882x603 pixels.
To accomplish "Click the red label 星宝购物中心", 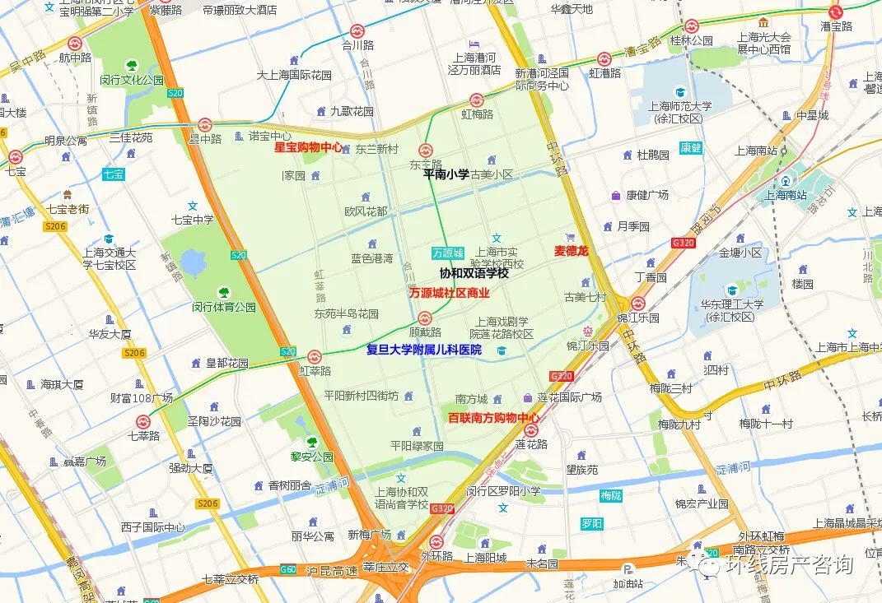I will [x=308, y=148].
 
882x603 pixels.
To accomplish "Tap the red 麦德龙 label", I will [x=572, y=250].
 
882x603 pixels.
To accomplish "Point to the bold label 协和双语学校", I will [x=474, y=273].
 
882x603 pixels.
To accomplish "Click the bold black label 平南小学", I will [x=446, y=174].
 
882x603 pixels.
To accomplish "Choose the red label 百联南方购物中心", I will [x=494, y=418].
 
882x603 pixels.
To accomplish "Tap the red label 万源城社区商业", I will [x=450, y=293].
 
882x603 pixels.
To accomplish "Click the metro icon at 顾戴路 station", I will [x=425, y=318].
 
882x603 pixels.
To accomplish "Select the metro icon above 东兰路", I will [x=426, y=150].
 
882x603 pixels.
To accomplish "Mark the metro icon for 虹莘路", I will [x=314, y=357].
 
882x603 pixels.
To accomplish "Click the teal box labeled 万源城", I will [x=448, y=253].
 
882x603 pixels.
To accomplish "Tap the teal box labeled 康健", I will [x=691, y=148].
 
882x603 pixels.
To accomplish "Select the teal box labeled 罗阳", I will [x=591, y=523].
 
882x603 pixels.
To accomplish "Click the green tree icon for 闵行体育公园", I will [x=223, y=291].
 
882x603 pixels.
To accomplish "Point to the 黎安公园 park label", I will [x=311, y=457].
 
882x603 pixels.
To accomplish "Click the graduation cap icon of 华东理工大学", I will [x=731, y=290].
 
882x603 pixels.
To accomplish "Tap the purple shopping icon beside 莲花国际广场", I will [x=528, y=397].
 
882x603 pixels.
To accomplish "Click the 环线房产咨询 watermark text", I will [x=788, y=564].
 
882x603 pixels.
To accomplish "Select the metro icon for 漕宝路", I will [x=836, y=12].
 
